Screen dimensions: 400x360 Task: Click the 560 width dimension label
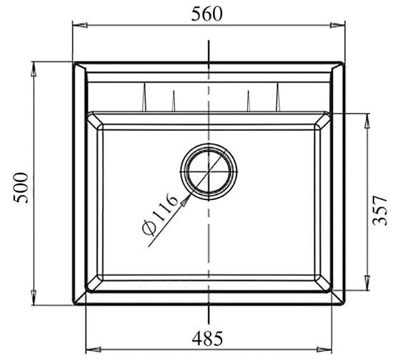[206, 14]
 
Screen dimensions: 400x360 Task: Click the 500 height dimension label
[21, 188]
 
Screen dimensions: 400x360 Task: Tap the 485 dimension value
[207, 339]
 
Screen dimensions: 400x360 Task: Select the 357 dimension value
[379, 211]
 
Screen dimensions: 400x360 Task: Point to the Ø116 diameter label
[159, 214]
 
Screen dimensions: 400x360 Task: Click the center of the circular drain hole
[209, 171]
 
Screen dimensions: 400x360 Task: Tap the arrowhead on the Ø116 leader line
[186, 200]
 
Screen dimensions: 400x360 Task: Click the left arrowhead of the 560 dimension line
[80, 25]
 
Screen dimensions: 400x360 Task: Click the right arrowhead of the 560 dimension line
[337, 25]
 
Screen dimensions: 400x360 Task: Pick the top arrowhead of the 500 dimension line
[34, 69]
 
